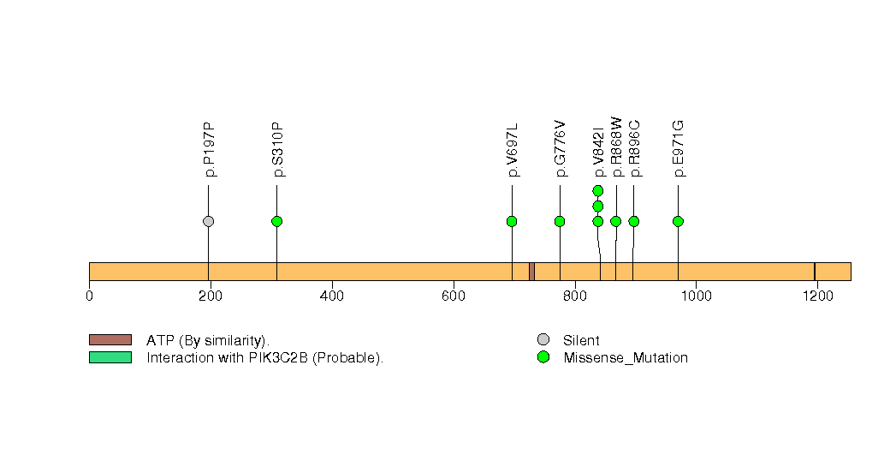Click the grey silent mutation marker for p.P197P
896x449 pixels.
208,221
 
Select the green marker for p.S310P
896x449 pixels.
276,221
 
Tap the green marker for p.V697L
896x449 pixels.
512,221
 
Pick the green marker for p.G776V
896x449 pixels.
560,221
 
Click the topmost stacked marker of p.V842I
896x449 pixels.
598,190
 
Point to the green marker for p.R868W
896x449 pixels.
615,221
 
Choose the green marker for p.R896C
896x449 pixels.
634,221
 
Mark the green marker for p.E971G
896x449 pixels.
678,221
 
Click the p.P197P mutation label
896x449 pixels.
209,150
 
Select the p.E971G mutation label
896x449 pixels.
679,149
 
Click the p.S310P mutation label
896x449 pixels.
277,150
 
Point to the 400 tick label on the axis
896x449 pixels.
331,296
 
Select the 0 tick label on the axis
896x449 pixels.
89,296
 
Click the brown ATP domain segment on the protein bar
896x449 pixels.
531,271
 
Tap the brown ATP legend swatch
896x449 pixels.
110,340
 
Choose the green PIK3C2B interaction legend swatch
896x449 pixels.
110,357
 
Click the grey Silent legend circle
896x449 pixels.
543,340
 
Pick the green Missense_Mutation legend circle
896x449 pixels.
543,357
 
